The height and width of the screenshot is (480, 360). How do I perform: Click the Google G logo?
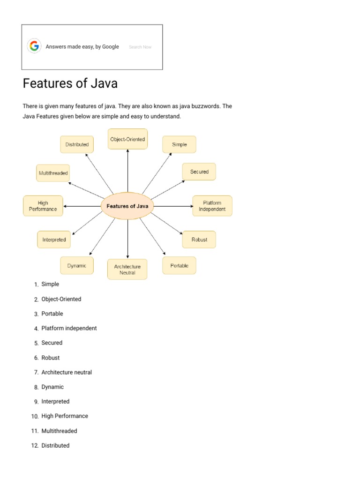tap(34, 46)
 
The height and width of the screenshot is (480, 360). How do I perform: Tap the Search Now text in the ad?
tap(140, 47)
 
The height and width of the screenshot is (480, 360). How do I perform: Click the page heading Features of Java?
tap(70, 84)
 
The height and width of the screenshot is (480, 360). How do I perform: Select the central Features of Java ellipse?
tap(127, 206)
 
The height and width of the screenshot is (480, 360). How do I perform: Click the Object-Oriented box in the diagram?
tap(127, 139)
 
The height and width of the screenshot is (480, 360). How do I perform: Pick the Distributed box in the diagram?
tap(77, 144)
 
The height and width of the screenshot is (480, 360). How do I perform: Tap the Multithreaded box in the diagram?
tap(53, 173)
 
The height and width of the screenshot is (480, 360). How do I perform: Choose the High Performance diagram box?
tap(43, 206)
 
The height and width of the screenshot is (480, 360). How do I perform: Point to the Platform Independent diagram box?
tap(212, 206)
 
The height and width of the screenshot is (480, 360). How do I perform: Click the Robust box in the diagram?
tap(199, 240)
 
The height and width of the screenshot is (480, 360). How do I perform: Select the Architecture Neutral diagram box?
tap(127, 269)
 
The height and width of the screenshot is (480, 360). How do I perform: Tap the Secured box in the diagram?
tap(199, 172)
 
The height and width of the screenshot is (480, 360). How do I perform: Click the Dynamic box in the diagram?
tap(77, 266)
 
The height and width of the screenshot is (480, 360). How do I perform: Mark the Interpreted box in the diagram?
tap(54, 240)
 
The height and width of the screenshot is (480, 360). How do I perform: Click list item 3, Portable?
tap(52, 314)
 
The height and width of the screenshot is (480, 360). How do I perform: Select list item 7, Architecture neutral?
tap(67, 372)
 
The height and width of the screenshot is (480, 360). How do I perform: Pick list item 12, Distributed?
tap(55, 445)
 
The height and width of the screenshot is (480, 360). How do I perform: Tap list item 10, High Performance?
tap(65, 416)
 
